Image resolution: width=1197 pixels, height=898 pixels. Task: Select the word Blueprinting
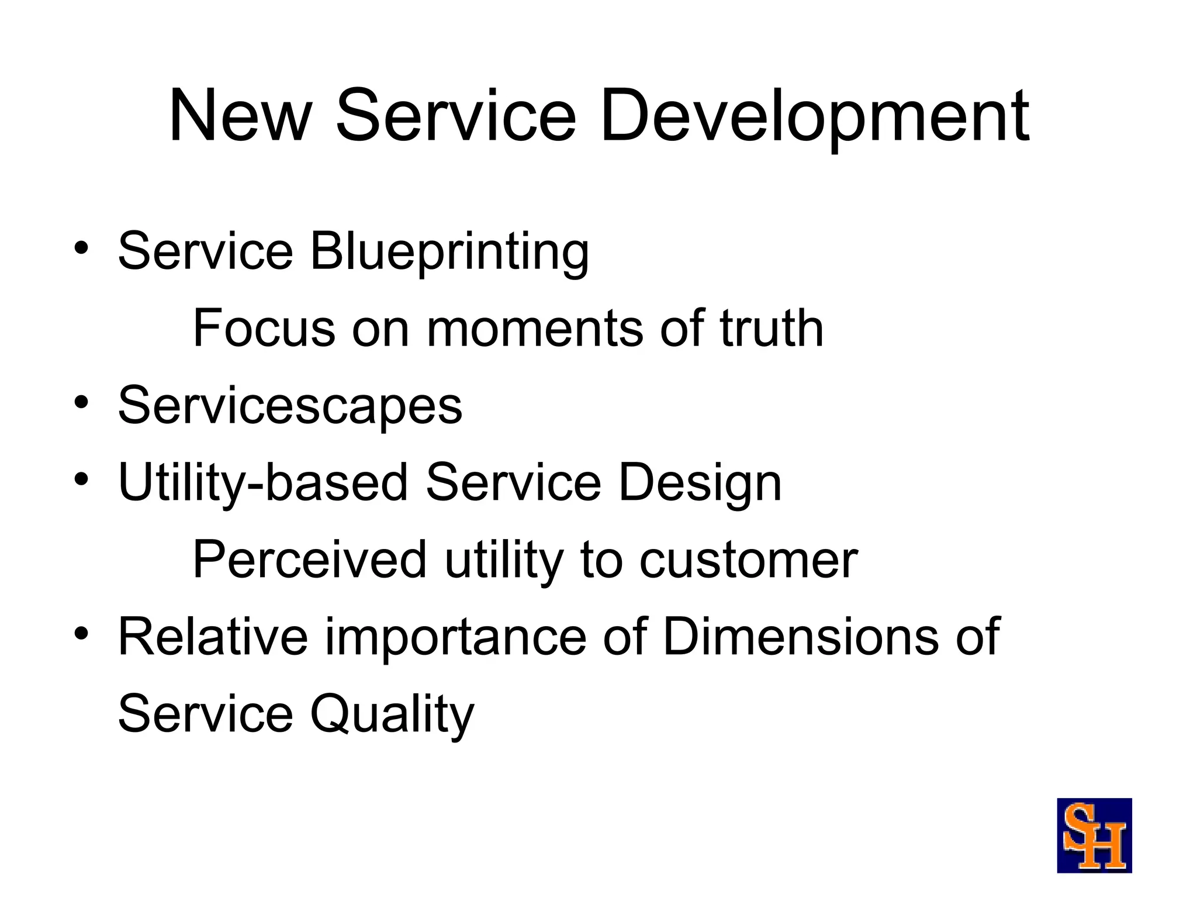coord(449,251)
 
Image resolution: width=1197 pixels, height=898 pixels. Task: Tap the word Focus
coord(264,329)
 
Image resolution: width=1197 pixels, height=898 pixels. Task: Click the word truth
coord(771,329)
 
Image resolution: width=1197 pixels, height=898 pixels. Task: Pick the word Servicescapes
coord(290,406)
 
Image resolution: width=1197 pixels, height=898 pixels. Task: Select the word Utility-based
coord(262,483)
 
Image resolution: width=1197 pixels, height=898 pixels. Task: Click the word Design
coord(700,483)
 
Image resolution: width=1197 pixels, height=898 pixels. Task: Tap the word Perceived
coord(310,560)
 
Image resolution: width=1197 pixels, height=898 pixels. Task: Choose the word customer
coord(748,560)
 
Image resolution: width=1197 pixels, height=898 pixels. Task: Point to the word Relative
coord(213,637)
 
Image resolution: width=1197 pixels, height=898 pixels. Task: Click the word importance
coord(456,637)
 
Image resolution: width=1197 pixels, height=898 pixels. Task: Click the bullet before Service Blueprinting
coord(81,248)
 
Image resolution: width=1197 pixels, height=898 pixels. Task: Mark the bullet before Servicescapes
coord(81,402)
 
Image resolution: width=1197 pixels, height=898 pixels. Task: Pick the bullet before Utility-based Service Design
coord(81,479)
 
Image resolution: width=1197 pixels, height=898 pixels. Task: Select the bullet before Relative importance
coord(81,634)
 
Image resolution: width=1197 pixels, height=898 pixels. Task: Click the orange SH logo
coord(1094,835)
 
